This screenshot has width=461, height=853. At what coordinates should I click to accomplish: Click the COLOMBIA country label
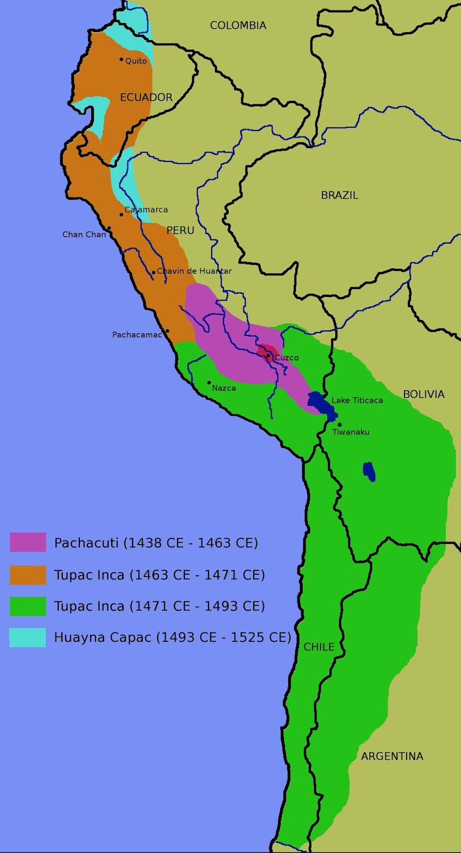pyautogui.click(x=238, y=25)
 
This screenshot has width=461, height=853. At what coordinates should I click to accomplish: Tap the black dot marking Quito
pyautogui.click(x=122, y=59)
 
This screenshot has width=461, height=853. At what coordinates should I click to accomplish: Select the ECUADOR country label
pyautogui.click(x=146, y=97)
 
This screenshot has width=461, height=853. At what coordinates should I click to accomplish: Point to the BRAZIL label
pyautogui.click(x=339, y=195)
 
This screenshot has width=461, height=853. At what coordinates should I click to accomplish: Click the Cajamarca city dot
pyautogui.click(x=122, y=214)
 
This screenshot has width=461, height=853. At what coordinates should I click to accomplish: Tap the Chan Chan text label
pyautogui.click(x=84, y=234)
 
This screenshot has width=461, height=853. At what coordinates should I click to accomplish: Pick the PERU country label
pyautogui.click(x=180, y=230)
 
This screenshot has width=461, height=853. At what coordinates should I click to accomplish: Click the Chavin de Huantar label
pyautogui.click(x=194, y=271)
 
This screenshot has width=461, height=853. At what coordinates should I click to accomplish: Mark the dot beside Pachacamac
pyautogui.click(x=167, y=331)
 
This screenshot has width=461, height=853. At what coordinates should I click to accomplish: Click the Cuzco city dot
pyautogui.click(x=268, y=355)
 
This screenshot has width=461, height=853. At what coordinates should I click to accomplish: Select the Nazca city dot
pyautogui.click(x=209, y=382)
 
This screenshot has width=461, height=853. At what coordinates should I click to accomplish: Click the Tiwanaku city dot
pyautogui.click(x=339, y=424)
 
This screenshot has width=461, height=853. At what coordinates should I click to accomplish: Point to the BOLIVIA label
pyautogui.click(x=423, y=394)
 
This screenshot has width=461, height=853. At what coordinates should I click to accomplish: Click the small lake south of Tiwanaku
pyautogui.click(x=369, y=471)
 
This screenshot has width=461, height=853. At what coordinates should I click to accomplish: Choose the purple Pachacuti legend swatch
pyautogui.click(x=28, y=542)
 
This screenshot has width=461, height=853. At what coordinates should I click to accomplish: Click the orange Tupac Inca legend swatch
pyautogui.click(x=28, y=575)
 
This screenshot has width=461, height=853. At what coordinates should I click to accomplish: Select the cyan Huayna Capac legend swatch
pyautogui.click(x=28, y=637)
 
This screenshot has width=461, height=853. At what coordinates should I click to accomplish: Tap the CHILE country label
pyautogui.click(x=319, y=647)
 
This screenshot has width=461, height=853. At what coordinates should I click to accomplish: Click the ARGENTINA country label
pyautogui.click(x=392, y=756)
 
